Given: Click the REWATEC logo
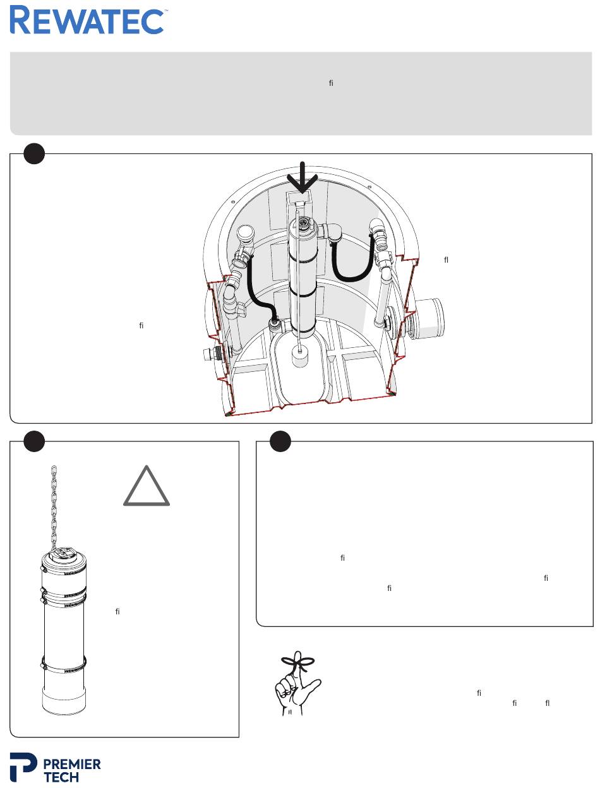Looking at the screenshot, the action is pos(87,20).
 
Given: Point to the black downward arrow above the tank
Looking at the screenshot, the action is pos(303,177).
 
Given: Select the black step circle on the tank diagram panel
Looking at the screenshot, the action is pos(34,153).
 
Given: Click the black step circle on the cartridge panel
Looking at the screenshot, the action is pos(34,441).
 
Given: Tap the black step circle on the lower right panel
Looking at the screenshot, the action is pos(280,441).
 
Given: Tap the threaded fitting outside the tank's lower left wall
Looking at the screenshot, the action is pos(212,355).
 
